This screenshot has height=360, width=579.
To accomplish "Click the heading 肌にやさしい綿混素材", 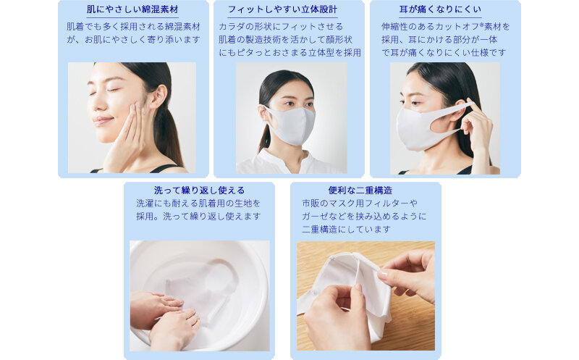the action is pos(132,9).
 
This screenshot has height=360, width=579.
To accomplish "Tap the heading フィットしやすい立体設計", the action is pos(282,9).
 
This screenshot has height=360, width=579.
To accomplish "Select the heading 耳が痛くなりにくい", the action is pos(440,9).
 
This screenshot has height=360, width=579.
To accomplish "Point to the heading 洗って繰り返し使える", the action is pos(200,191).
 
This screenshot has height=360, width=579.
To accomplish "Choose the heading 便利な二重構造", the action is pos(360,191).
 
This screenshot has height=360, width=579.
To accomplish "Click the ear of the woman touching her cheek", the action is pos(159,97).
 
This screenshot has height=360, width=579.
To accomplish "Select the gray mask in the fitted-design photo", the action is pos(291,125).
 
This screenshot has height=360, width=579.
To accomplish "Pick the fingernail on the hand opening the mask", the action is pos(383,275).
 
